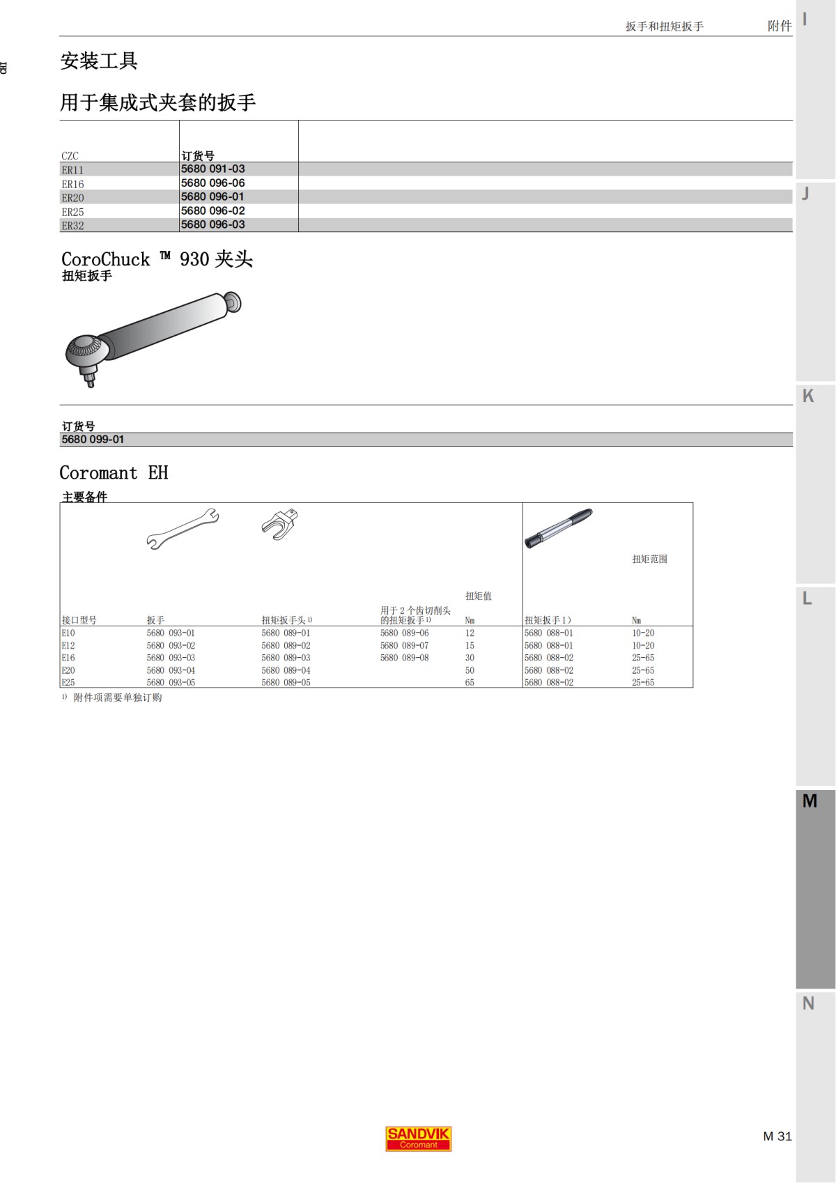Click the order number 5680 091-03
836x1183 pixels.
tap(212, 169)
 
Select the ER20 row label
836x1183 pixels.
tap(72, 198)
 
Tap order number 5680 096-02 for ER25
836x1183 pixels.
tap(212, 211)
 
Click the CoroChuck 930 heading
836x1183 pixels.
tap(157, 259)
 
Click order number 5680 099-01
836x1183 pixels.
tap(93, 440)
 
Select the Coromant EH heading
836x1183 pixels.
tap(114, 473)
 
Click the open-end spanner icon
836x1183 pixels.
tap(183, 529)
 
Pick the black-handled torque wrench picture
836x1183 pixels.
tap(558, 528)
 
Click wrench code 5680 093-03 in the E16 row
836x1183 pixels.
tap(171, 658)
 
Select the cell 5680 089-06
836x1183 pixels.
tap(404, 633)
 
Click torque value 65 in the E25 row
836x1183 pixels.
tap(470, 683)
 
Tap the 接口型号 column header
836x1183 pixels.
tap(79, 620)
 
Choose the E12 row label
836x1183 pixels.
tap(68, 646)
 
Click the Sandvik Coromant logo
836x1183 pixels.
tap(418, 1139)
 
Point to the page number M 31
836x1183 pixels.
tap(777, 1136)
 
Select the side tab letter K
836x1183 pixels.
tap(808, 396)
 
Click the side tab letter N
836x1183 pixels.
tap(808, 1003)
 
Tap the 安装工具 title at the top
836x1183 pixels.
tap(99, 61)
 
